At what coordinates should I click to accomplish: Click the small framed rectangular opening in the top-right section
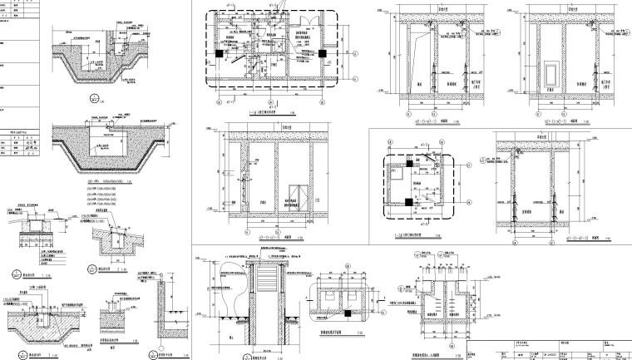(x=549, y=70)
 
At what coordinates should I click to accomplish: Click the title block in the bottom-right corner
(x=549, y=350)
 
